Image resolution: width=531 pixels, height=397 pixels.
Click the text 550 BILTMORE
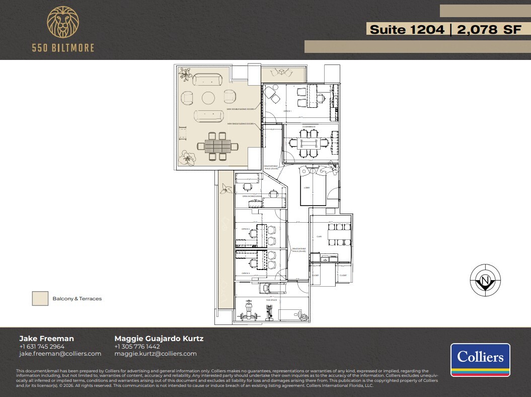(x=63, y=48)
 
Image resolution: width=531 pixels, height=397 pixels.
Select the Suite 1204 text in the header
(x=407, y=30)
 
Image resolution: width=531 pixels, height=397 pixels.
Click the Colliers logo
(x=480, y=360)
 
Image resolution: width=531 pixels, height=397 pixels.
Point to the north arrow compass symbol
(x=485, y=280)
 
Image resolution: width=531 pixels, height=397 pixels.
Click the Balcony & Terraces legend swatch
(x=40, y=298)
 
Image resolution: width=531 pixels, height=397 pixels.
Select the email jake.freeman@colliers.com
(x=60, y=354)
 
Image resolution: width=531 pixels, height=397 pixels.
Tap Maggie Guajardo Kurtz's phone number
(x=137, y=347)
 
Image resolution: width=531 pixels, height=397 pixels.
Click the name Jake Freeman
(x=46, y=339)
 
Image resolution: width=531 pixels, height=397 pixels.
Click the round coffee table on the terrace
(x=208, y=97)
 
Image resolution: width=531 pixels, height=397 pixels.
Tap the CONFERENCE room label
(x=309, y=127)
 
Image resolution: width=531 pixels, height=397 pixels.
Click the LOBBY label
(x=307, y=187)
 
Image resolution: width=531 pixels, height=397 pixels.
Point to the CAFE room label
(x=319, y=236)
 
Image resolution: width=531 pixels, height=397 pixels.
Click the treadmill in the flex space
(x=271, y=288)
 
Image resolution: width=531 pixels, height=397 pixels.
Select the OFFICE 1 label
(x=287, y=111)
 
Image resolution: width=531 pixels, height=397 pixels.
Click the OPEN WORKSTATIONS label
(x=252, y=196)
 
